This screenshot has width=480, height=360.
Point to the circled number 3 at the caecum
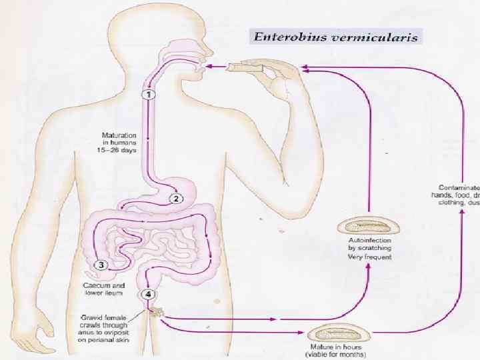click(101, 265)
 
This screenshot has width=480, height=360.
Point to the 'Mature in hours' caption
click(333, 349)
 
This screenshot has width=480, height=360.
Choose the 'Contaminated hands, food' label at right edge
click(458, 195)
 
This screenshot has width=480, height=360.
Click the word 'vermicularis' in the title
click(374, 37)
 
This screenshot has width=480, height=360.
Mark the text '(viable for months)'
click(334, 355)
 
